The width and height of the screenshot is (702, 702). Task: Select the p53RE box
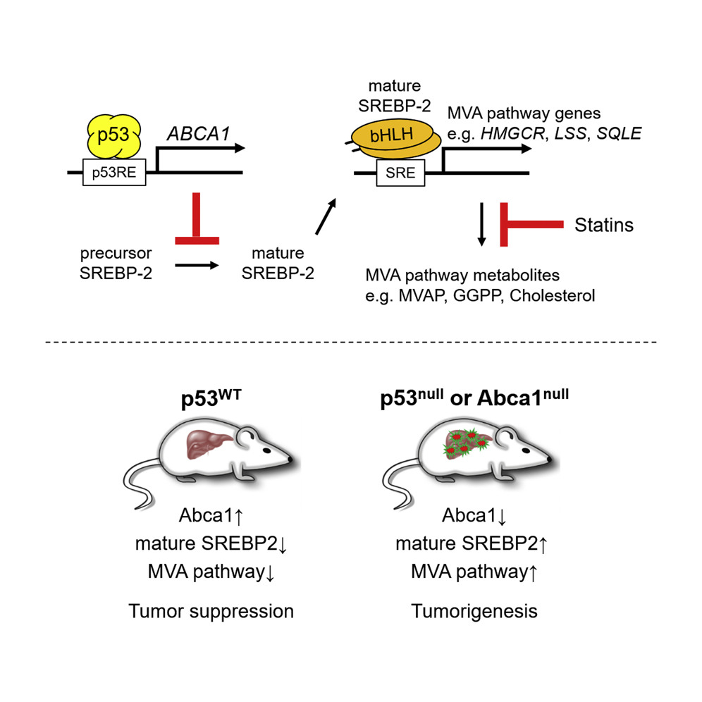113,170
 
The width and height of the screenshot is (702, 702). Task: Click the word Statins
604,226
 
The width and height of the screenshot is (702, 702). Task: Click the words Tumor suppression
211,610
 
